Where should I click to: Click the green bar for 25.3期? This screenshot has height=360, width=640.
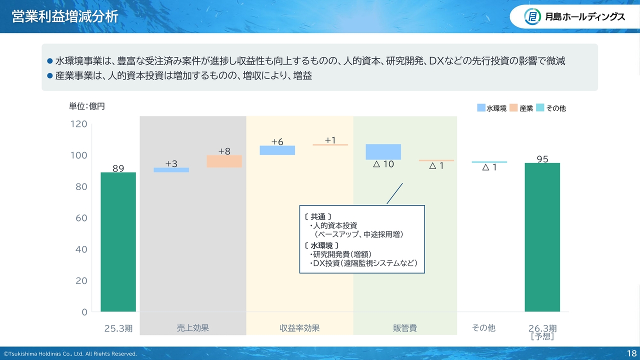118,241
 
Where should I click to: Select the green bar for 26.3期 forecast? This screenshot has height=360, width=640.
542,237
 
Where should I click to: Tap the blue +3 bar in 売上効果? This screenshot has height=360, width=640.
171,170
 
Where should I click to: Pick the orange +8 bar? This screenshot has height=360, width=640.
224,161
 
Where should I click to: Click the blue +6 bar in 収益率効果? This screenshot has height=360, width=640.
277,150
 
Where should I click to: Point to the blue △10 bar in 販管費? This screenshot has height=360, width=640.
383,151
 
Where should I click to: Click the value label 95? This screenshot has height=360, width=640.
542,159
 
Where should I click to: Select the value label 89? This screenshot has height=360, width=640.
118,168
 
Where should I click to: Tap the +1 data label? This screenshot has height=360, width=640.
330,140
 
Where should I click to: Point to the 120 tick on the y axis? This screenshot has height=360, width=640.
78,124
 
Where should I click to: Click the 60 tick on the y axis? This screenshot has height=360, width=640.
81,218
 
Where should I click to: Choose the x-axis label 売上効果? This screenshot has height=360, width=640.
193,328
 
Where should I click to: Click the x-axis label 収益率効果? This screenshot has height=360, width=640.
299,328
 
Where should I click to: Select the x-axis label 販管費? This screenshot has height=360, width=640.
405,328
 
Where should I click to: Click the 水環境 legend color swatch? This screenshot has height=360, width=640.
481,107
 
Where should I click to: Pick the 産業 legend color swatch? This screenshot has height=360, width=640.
513,107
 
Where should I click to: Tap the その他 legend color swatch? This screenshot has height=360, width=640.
540,107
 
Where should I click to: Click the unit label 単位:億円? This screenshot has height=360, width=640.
87,106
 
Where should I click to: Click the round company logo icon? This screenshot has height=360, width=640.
532,16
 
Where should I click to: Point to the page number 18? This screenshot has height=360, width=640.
631,353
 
